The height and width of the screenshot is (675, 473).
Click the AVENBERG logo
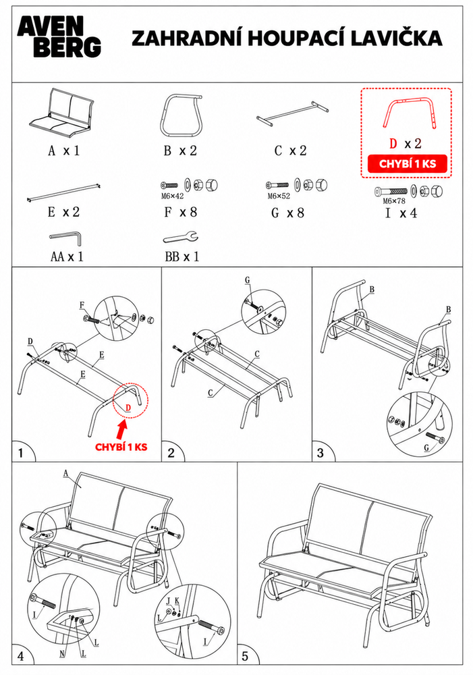[x=59, y=37]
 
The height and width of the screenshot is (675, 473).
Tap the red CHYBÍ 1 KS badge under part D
[x=407, y=164]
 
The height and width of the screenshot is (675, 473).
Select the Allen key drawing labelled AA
[x=65, y=238]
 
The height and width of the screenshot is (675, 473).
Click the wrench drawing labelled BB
[x=181, y=237]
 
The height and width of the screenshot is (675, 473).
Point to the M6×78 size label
[x=394, y=201]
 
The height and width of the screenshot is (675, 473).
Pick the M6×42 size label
[x=172, y=196]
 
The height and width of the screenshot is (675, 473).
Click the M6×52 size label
[x=279, y=196]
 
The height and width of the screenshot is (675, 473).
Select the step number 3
[x=321, y=453]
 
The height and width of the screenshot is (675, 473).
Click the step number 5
[x=246, y=656]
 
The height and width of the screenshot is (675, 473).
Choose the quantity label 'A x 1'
[x=64, y=151]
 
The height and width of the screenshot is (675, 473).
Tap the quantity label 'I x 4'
[x=401, y=213]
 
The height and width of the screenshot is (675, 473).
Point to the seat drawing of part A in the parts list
[x=61, y=111]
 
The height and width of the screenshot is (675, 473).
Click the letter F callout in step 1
[x=82, y=306]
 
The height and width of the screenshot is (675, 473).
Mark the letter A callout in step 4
[x=66, y=474]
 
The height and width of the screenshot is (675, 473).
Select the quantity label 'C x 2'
[x=291, y=151]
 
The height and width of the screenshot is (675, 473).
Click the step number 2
[x=171, y=453]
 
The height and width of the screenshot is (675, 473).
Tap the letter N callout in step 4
[x=62, y=654]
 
